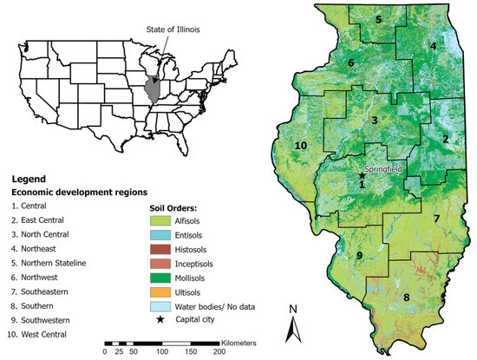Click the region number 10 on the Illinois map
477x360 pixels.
click(x=302, y=145)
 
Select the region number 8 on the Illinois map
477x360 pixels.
click(x=405, y=298)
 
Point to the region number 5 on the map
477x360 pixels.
click(x=378, y=18)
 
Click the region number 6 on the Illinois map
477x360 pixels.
click(x=350, y=63)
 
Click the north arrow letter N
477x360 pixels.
click(x=294, y=309)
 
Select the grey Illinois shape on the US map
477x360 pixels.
click(x=154, y=88)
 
